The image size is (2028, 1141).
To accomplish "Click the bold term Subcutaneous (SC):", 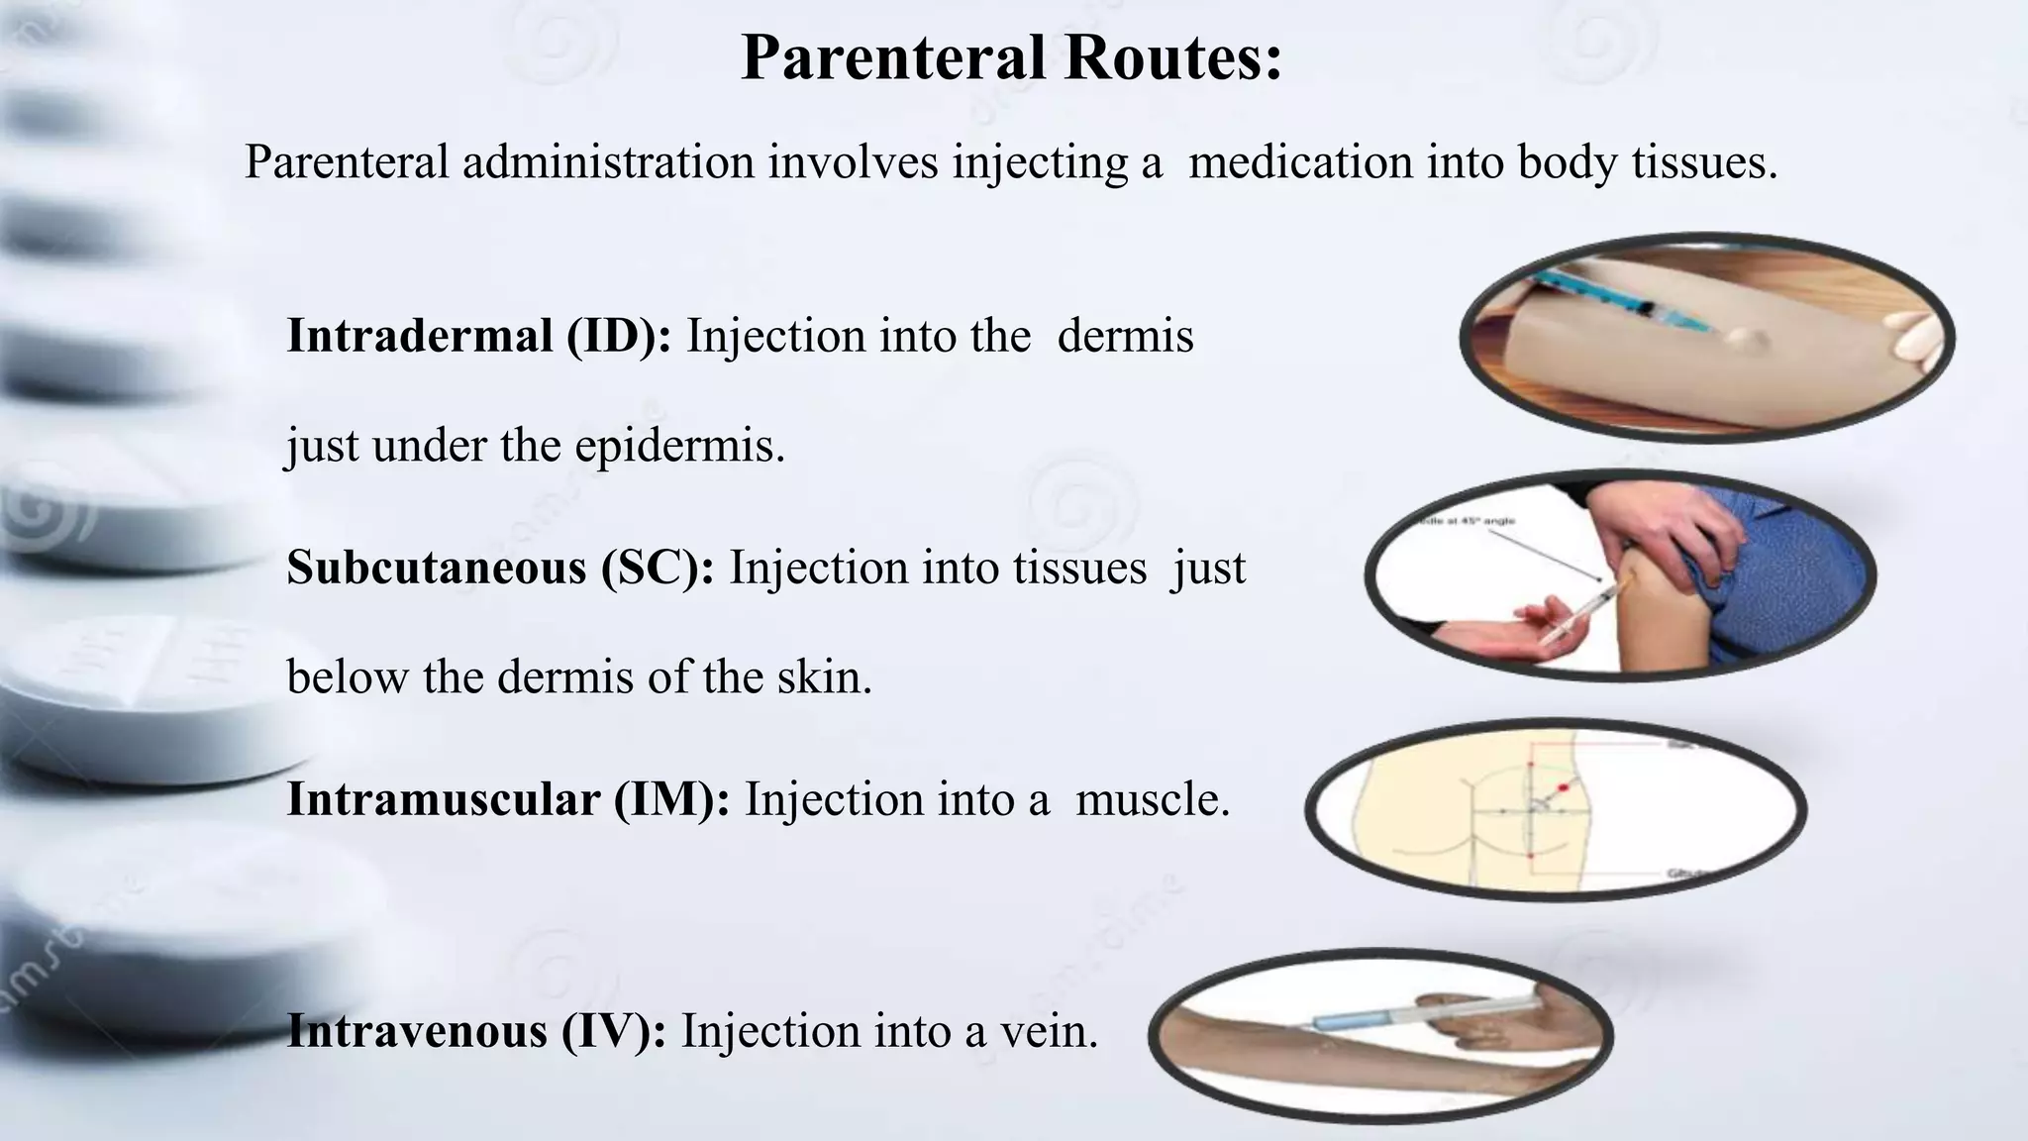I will [500, 568].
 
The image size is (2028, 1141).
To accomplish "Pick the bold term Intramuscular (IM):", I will [508, 799].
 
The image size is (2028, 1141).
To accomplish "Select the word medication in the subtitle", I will [1299, 161].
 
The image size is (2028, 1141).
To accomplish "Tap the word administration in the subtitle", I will [608, 161].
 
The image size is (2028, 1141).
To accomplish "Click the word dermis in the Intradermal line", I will [1125, 336].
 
